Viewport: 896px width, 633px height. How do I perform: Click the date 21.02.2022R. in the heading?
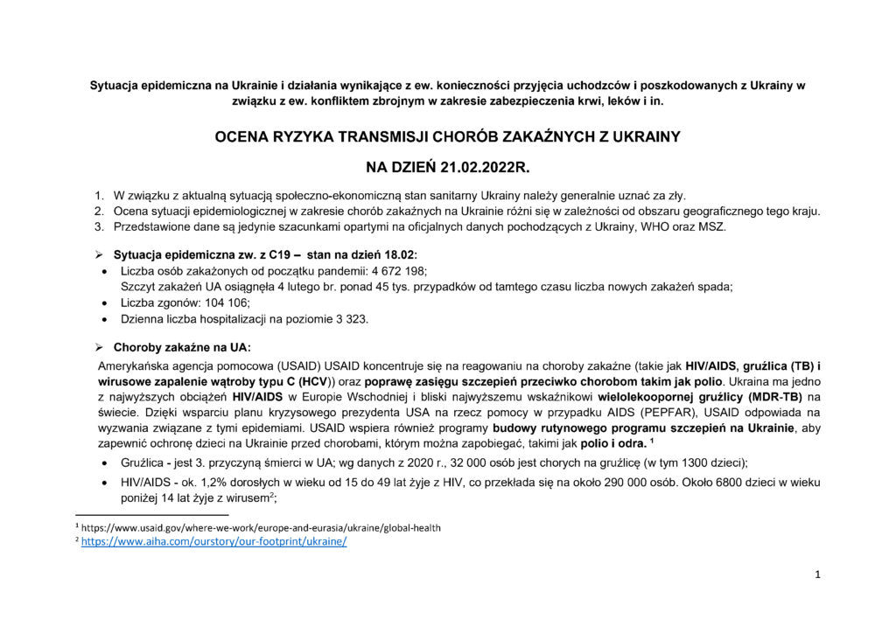[480, 164]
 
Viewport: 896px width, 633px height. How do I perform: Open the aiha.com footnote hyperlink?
[214, 542]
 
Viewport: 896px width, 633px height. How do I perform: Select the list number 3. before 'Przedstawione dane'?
[99, 227]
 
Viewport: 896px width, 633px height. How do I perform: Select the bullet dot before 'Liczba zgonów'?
[105, 303]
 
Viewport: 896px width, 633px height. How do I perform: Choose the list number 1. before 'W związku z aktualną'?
[99, 195]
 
